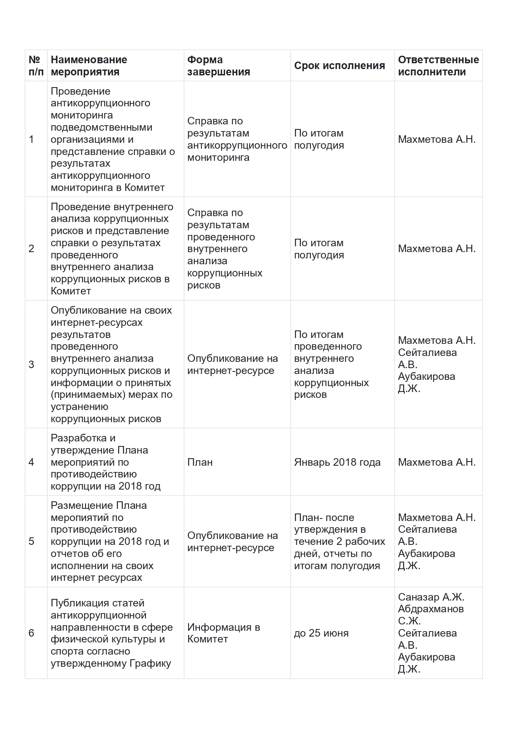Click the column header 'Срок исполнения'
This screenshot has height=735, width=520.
pos(339,66)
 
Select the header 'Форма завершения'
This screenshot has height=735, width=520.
pos(218,66)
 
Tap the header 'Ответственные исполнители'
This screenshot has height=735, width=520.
pos(438,66)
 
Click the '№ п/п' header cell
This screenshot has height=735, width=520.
pos(36,66)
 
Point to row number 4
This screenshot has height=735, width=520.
pos(31,462)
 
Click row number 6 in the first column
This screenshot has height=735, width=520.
pos(31,633)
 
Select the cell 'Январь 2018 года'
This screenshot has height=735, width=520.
pos(337,462)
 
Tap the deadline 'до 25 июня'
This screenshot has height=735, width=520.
pos(321,633)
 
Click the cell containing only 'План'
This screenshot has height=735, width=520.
pos(200,462)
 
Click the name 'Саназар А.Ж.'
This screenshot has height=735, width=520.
pos(431,597)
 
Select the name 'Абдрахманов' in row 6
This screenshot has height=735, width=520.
pos(431,609)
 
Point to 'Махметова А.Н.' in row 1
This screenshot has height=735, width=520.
pos(437,139)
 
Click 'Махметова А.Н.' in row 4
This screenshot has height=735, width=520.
pos(437,462)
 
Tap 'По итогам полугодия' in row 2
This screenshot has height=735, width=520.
pos(319,249)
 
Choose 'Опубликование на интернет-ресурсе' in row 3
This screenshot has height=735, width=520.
pos(233,364)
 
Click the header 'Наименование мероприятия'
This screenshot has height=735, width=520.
pos(89,66)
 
